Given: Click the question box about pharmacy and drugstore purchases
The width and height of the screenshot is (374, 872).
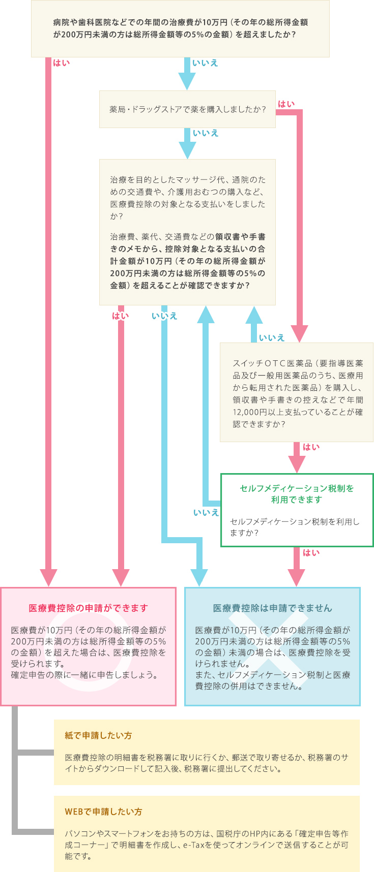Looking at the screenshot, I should pyautogui.click(x=187, y=109).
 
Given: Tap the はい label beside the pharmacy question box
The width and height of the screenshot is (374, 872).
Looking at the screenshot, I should pyautogui.click(x=286, y=104).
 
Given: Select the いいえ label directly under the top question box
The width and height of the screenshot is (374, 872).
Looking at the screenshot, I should pyautogui.click(x=205, y=63).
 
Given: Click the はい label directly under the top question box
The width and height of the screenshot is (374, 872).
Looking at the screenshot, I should pyautogui.click(x=61, y=63).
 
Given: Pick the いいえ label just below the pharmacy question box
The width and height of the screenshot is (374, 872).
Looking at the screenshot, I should pyautogui.click(x=206, y=133).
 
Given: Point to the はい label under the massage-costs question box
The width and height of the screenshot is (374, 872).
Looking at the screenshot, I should pyautogui.click(x=121, y=316).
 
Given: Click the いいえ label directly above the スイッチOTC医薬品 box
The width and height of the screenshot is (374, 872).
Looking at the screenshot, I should pyautogui.click(x=272, y=338).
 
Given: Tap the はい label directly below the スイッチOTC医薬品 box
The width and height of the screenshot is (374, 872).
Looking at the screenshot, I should pyautogui.click(x=311, y=447).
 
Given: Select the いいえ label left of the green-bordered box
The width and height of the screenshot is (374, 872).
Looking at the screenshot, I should pyautogui.click(x=206, y=513).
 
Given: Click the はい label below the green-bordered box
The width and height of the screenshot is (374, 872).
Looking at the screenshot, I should pyautogui.click(x=311, y=553).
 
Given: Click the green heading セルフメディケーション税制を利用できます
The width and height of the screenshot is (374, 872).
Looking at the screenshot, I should pyautogui.click(x=297, y=494).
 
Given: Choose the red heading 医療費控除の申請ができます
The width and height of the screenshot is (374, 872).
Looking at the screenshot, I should pyautogui.click(x=89, y=608).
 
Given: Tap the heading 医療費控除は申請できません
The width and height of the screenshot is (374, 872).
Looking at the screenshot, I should pyautogui.click(x=272, y=608).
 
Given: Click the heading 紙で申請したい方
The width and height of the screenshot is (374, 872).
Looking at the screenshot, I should pyautogui.click(x=98, y=735).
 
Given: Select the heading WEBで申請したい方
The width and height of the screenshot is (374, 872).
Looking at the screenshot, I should pyautogui.click(x=103, y=812).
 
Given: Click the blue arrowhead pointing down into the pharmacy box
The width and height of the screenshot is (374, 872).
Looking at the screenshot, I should pyautogui.click(x=187, y=81).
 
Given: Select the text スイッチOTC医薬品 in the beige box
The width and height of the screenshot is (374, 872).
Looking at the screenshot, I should pyautogui.click(x=272, y=363).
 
